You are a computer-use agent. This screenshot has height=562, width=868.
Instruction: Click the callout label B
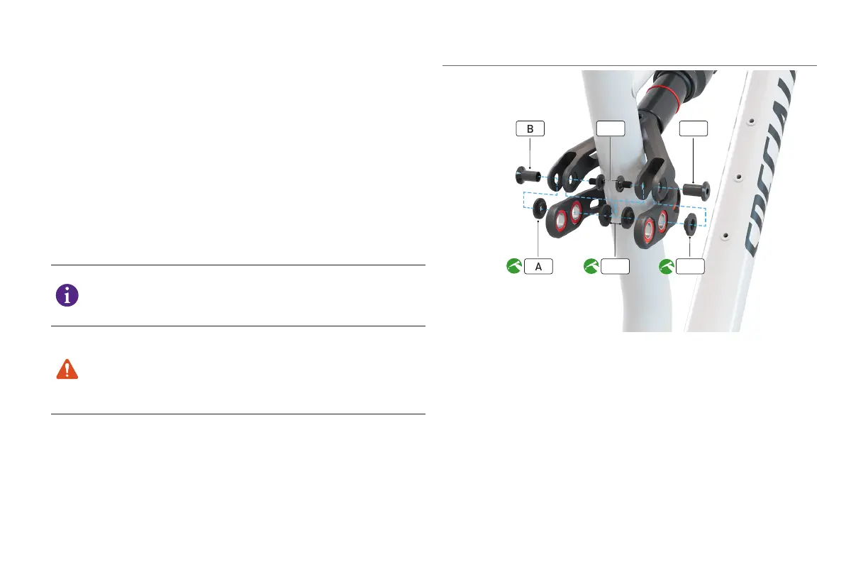click(x=530, y=128)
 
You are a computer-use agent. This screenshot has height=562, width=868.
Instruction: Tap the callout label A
click(x=538, y=267)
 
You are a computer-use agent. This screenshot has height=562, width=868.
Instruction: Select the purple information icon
click(x=67, y=296)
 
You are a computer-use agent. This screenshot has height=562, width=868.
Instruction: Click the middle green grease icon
click(x=591, y=267)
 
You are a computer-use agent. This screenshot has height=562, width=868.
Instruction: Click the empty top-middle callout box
click(x=611, y=128)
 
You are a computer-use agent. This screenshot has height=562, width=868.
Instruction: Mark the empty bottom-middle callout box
click(x=615, y=267)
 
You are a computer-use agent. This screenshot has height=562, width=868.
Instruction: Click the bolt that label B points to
click(x=528, y=175)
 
